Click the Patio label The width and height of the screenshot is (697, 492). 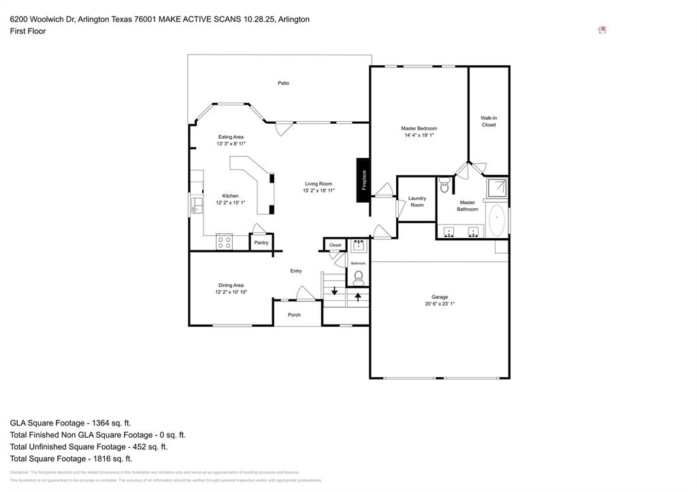(x=283, y=83)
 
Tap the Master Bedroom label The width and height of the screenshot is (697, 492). (x=419, y=129)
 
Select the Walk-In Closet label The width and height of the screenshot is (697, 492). (x=489, y=121)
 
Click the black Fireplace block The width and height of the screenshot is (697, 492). (x=363, y=180)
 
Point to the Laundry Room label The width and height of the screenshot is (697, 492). (x=417, y=201)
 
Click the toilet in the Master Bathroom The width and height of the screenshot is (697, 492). (x=444, y=184)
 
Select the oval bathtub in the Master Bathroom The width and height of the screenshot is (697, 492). (x=497, y=220)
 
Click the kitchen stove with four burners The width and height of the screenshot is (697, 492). (x=224, y=241)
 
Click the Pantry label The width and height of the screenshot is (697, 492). (x=261, y=243)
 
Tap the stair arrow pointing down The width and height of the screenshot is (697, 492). (x=334, y=291)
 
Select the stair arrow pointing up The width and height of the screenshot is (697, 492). (x=358, y=297)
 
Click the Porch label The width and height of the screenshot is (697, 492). (x=294, y=315)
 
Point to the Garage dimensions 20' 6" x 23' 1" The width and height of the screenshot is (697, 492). (x=440, y=304)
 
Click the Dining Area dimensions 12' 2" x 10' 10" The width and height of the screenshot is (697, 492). (x=231, y=292)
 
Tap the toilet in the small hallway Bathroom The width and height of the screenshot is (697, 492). (x=358, y=277)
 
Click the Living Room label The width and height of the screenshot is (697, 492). (x=318, y=184)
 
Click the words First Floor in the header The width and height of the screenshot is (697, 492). (x=28, y=31)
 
